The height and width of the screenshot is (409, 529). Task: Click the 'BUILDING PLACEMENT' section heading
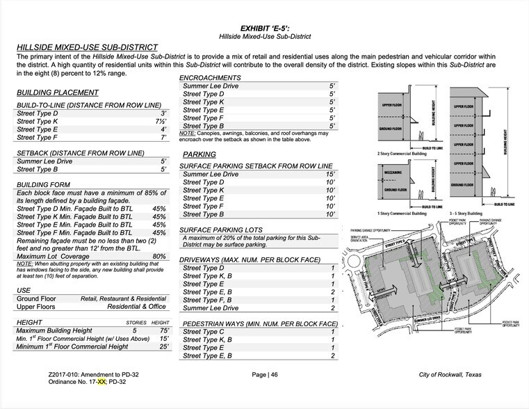57,93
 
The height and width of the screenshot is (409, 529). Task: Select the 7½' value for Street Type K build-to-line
160,121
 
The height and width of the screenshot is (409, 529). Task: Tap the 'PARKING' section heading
201,154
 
